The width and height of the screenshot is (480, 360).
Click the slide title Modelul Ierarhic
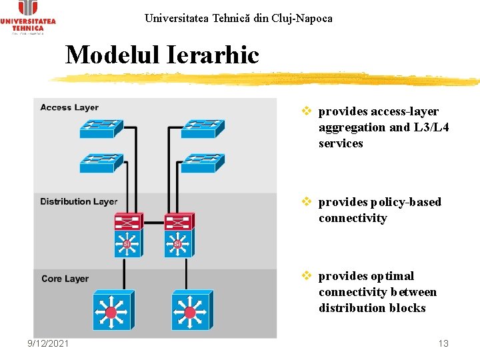click(162, 55)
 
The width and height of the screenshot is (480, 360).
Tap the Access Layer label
click(69, 107)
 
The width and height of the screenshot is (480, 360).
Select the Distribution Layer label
click(79, 201)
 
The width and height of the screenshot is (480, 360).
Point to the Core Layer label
click(65, 279)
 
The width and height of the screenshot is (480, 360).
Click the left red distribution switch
click(127, 221)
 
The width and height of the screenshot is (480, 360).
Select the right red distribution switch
click(178, 221)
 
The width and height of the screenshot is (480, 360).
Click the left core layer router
click(114, 310)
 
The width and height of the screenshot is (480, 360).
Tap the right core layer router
click(192, 310)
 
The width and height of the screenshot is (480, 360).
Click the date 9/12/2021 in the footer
click(48, 343)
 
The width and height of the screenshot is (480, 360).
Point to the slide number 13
click(443, 343)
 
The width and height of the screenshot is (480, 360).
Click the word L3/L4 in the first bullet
click(430, 127)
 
